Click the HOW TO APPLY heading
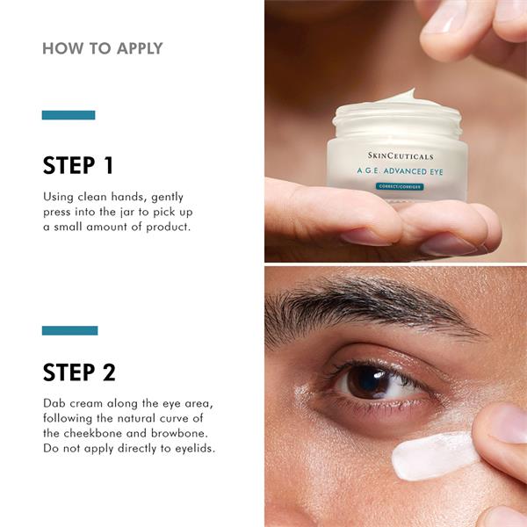point(103,48)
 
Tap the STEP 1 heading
point(78,165)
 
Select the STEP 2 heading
point(79,372)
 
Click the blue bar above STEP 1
point(69,115)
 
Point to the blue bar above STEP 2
point(70,330)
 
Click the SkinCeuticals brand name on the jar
point(401,156)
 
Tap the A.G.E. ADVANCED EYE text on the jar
point(400,171)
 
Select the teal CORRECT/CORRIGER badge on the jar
point(400,186)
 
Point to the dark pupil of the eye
point(369,382)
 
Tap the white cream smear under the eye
point(434,455)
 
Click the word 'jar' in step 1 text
point(127,213)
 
